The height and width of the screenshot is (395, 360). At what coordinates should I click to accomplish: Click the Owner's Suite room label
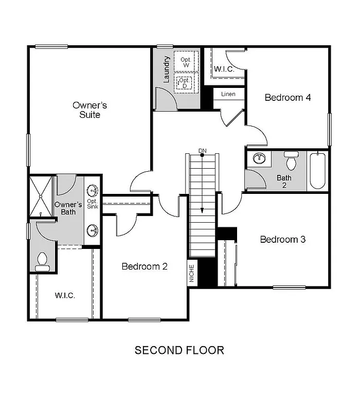click(89, 110)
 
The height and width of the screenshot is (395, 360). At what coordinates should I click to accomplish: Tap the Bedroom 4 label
click(287, 97)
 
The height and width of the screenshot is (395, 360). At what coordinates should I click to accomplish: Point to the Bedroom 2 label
click(145, 266)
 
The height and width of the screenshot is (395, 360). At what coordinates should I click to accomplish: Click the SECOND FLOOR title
click(179, 350)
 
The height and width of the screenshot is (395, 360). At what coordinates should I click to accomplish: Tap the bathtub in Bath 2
click(317, 171)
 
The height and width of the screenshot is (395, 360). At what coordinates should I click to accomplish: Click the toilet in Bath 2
click(292, 161)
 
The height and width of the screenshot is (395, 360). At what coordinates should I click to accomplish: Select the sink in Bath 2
click(259, 158)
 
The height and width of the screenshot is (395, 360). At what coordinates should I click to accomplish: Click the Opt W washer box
click(185, 63)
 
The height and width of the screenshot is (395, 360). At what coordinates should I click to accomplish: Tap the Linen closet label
click(228, 94)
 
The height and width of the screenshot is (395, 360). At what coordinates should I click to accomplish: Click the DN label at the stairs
click(203, 150)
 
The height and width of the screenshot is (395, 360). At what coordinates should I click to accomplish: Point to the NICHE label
click(192, 273)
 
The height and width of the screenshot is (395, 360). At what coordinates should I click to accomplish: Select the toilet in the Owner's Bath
click(41, 261)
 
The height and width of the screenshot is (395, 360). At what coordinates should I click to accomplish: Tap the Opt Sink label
click(93, 204)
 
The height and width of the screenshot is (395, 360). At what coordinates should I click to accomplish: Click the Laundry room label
click(167, 69)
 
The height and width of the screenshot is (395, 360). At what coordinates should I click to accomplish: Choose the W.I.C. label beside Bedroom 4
click(224, 68)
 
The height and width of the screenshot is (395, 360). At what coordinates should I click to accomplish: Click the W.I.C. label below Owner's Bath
click(65, 296)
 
